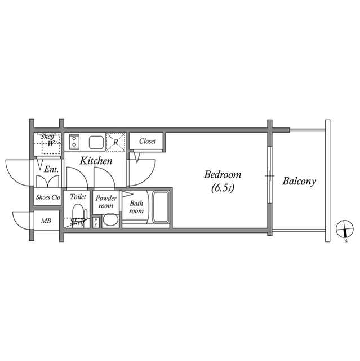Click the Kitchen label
95,161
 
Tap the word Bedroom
223,175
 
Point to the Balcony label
299,182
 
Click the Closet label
147,141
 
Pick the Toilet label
78,197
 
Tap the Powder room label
105,202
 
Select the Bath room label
136,207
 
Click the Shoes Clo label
48,197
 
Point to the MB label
46,221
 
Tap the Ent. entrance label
51,169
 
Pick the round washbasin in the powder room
110,219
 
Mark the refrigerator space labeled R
116,142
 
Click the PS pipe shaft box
96,222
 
